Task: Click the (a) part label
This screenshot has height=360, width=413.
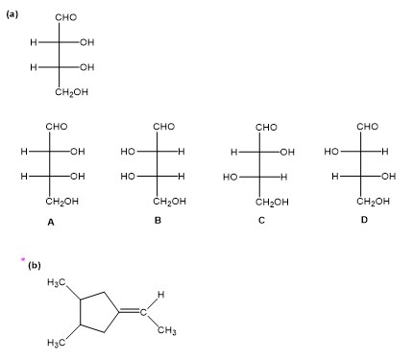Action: coord(12,14)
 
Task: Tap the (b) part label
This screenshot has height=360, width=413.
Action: coord(35,265)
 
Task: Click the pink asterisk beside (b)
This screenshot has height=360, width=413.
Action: coord(23,259)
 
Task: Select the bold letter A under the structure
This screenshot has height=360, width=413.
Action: coord(51,222)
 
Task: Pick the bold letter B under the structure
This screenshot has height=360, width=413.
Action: coord(158,221)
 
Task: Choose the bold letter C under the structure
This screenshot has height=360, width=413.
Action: coord(261,221)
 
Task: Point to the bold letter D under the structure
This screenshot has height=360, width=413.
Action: coord(364,220)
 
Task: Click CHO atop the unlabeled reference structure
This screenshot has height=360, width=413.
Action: coord(66,17)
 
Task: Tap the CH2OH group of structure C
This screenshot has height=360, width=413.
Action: coord(272,203)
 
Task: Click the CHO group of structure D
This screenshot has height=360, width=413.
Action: coord(368,127)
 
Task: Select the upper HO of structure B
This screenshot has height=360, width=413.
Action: coord(128,152)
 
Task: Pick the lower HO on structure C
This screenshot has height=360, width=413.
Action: coord(231,177)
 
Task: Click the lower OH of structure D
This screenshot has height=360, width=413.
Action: coord(389,177)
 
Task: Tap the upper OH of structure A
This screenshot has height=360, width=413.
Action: coord(78,152)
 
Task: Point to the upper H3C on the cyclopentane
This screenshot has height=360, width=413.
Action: coord(57,283)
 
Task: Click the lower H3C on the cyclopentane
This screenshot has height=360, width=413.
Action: coord(57,343)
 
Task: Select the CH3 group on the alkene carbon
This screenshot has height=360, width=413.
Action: coord(167,330)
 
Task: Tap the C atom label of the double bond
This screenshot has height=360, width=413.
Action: coord(143,312)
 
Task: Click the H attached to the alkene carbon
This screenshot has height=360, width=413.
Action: coord(161,295)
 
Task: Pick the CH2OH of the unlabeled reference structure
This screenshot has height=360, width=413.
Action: coord(71,92)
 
